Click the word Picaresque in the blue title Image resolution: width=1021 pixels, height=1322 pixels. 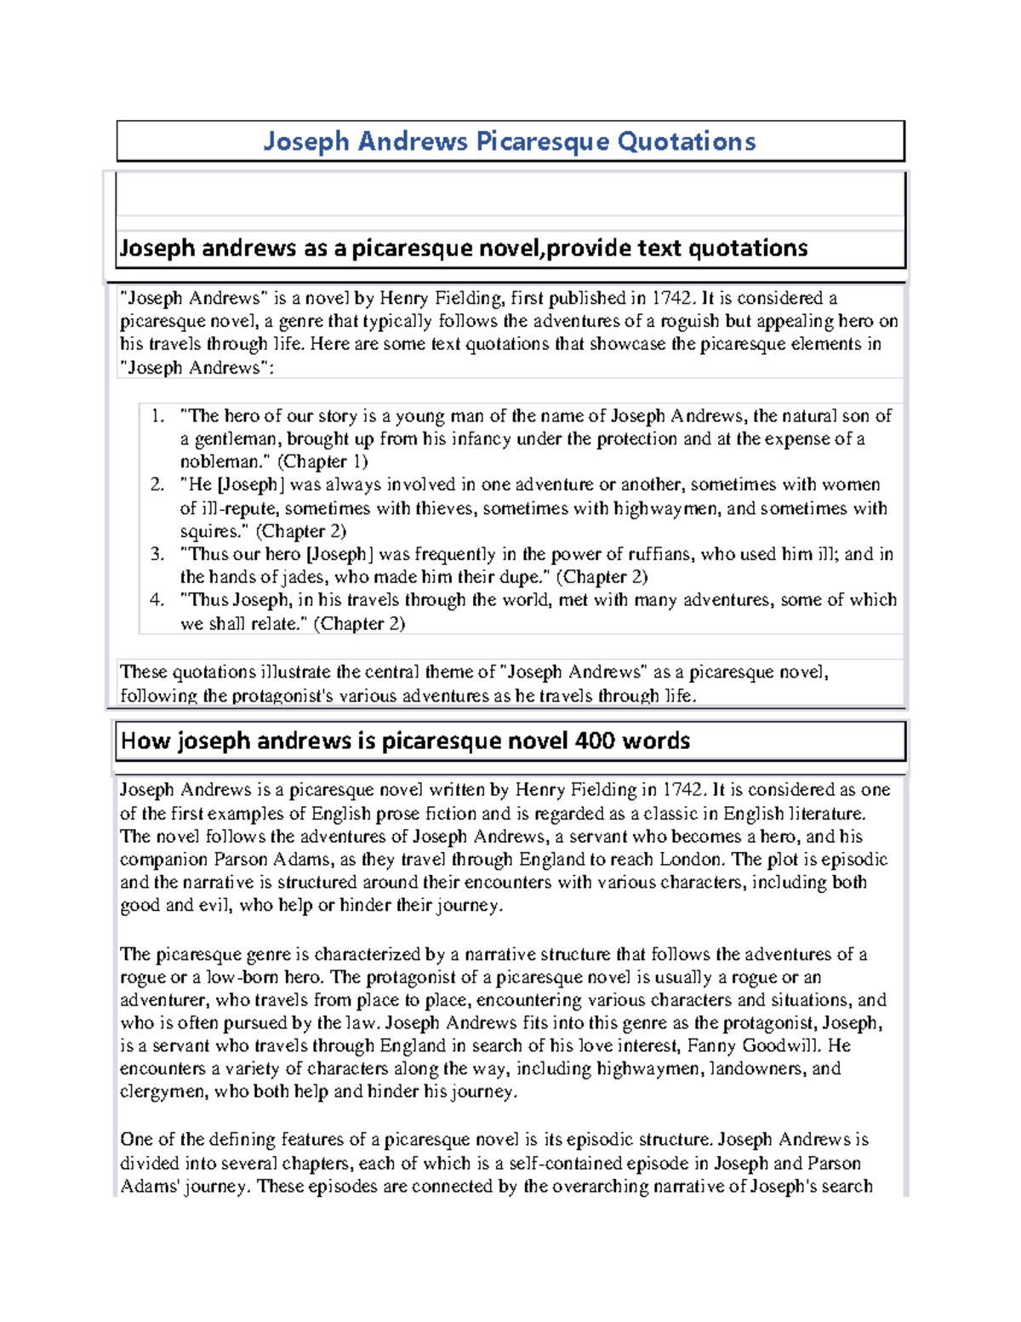click(x=542, y=141)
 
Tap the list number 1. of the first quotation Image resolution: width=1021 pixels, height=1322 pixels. click(x=157, y=416)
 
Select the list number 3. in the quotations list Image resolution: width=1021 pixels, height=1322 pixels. click(x=157, y=554)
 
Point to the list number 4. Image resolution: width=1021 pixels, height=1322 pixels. click(x=157, y=600)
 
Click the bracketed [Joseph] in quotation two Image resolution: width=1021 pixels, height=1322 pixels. click(x=251, y=485)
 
